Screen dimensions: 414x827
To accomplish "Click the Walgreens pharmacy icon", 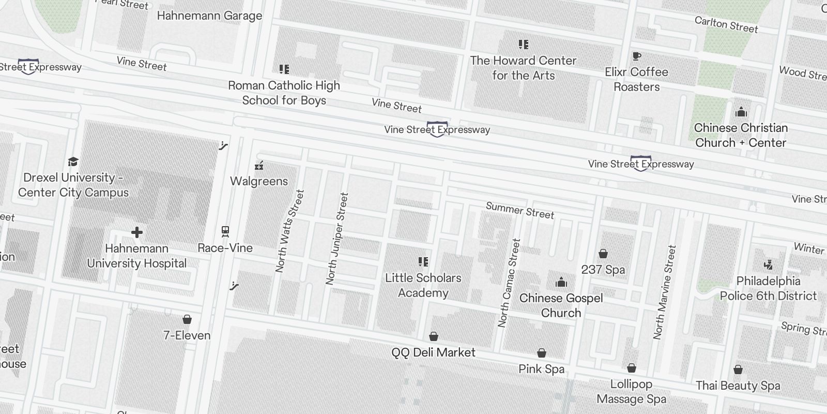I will (x=259, y=166).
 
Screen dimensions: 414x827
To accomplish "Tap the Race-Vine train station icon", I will (x=225, y=231).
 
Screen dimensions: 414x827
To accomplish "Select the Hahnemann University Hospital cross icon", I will (x=136, y=232).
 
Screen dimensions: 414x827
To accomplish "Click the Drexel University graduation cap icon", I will (x=73, y=161).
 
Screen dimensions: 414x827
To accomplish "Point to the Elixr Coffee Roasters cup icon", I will (x=636, y=56).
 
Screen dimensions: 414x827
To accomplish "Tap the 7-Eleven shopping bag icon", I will (x=187, y=319).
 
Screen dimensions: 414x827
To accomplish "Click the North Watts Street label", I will (x=289, y=231).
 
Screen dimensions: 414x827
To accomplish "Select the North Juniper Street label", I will (x=337, y=239).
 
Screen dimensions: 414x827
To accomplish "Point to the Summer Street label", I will (x=519, y=211).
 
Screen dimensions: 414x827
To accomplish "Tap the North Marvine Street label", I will (x=665, y=292).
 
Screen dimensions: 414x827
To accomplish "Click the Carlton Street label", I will (x=726, y=24).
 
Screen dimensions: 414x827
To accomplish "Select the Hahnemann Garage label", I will (x=209, y=16).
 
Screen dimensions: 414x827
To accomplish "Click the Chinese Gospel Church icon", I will (x=561, y=282).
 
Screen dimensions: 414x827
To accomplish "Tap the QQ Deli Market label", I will (x=433, y=352).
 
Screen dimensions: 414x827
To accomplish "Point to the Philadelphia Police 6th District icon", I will (x=768, y=265).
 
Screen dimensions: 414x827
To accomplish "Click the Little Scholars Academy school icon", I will (x=423, y=262).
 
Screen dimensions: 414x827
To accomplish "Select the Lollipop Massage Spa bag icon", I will (x=631, y=368).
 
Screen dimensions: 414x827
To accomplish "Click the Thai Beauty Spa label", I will (x=738, y=386).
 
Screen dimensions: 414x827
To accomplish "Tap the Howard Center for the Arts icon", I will (x=523, y=45).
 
